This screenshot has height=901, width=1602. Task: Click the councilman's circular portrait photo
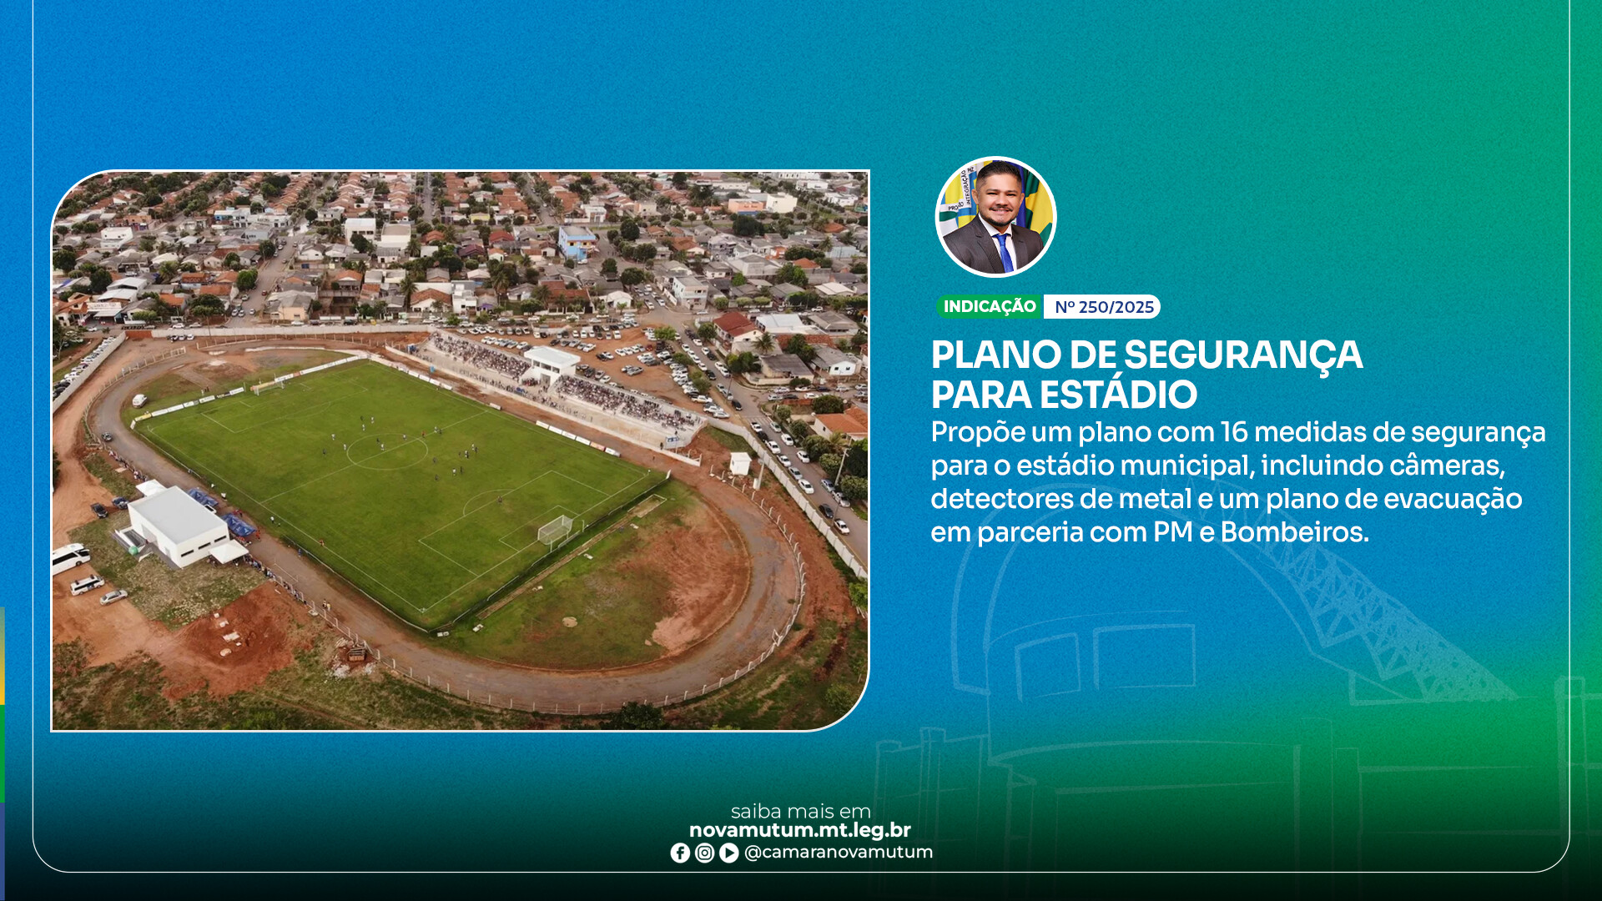[995, 216]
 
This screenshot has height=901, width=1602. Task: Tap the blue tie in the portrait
[1004, 254]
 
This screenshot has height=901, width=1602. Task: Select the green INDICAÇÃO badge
[990, 307]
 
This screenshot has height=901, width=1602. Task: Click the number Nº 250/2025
[1103, 307]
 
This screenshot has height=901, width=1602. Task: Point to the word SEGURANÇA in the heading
[1243, 355]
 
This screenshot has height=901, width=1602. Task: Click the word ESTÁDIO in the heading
[1117, 395]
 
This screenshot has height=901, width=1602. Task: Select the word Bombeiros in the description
[1294, 532]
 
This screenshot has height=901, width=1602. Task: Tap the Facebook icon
[680, 853]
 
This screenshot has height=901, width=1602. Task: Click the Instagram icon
[704, 853]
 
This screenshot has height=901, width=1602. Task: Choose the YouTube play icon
[728, 853]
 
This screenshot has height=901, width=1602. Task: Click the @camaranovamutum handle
[839, 853]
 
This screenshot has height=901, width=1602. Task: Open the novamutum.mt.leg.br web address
[799, 830]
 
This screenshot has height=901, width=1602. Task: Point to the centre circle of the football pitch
[387, 451]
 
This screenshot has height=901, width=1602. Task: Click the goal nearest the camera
[556, 529]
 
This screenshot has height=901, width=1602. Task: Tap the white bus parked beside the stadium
[70, 557]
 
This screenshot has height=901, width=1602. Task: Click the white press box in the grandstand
[551, 363]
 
